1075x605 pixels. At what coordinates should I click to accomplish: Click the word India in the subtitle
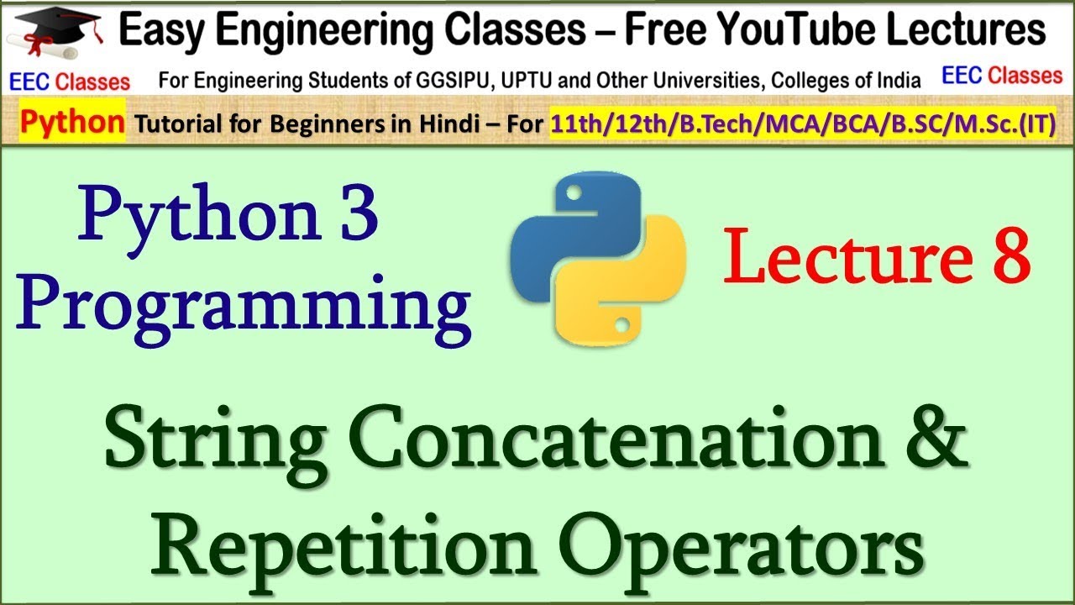click(898, 81)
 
